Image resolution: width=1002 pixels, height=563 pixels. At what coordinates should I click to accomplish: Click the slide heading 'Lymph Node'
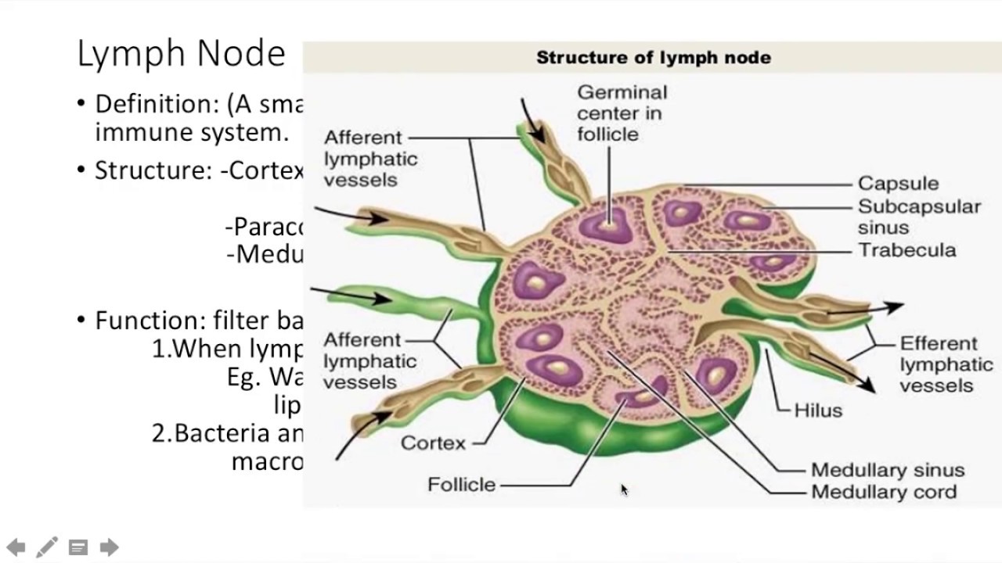181,55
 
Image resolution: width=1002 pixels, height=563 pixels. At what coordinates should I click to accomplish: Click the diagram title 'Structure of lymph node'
653,58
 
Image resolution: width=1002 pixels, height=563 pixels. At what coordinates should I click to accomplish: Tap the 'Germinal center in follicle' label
622,113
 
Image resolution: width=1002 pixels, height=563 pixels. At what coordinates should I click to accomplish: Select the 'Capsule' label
898,184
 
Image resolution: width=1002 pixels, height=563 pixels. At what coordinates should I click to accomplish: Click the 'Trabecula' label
906,250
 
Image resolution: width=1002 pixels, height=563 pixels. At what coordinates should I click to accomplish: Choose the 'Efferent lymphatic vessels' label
946,364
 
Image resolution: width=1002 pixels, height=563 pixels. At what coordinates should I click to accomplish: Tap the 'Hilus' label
818,411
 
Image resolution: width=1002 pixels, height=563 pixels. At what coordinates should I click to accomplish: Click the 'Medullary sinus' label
887,470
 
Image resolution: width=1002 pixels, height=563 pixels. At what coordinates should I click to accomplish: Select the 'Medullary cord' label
883,492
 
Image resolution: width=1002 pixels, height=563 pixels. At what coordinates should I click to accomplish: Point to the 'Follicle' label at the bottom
461,485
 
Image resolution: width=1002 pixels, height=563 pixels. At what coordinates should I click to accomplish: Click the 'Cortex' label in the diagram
433,443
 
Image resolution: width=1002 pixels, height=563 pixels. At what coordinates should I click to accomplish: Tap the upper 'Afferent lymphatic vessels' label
370,159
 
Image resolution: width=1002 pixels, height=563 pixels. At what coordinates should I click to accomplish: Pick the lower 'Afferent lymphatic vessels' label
369,361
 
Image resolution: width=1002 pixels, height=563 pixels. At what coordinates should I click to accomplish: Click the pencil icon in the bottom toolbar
47,547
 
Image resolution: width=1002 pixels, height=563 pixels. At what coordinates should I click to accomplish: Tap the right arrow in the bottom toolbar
109,547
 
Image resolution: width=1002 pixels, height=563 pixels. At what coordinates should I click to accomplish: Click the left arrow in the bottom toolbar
16,547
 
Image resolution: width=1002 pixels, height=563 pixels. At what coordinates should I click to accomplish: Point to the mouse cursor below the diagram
624,489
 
